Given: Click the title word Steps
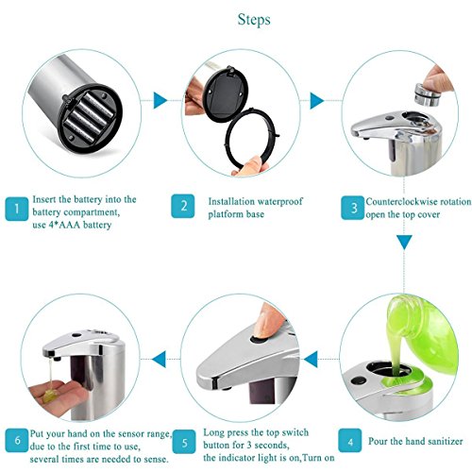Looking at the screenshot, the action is tap(254, 21).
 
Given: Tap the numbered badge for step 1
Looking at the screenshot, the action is tap(17, 209).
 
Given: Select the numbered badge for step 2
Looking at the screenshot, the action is tap(183, 206).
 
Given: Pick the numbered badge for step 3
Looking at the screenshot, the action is tap(353, 208).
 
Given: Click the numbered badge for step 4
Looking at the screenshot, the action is tap(350, 440).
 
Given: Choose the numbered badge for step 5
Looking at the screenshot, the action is tap(184, 442).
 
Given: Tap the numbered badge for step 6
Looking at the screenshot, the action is tap(17, 440).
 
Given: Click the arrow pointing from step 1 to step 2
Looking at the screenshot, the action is tap(160, 100).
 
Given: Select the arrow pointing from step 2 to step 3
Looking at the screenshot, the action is tap(317, 101).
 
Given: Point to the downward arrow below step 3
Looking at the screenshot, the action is tap(404, 243).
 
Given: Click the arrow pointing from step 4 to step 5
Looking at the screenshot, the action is tap(311, 359).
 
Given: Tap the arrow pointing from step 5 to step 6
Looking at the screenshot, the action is tap(159, 359).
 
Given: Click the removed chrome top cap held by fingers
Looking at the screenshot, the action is tap(428, 95).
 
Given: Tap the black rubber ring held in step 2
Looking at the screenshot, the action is tap(252, 138).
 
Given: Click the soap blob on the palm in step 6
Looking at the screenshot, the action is tap(50, 396).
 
